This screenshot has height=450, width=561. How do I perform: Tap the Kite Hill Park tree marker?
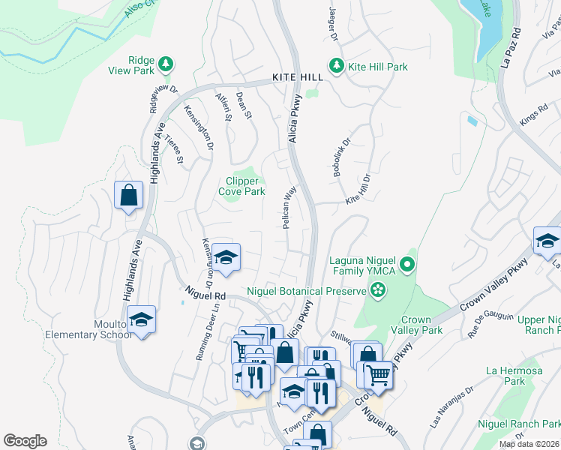tap(337, 67)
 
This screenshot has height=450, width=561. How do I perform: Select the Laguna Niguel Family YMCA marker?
tap(407, 264)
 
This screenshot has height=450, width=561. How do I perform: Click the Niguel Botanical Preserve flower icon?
tap(378, 289)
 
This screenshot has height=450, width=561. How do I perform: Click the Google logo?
tap(25, 441)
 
